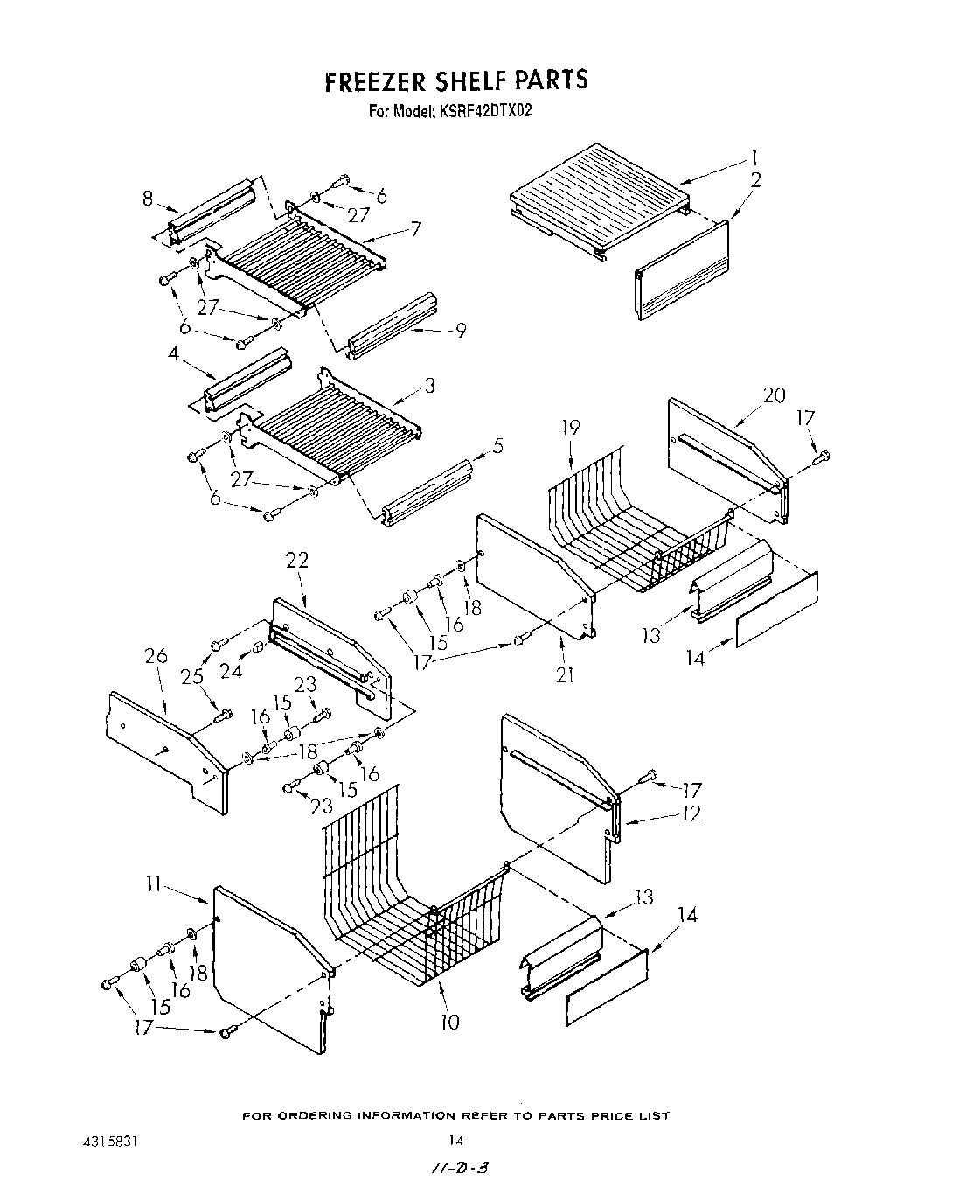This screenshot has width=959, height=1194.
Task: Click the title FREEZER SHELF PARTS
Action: click(x=455, y=80)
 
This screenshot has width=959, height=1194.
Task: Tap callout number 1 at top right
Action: click(x=753, y=158)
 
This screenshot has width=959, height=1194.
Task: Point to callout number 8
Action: click(x=148, y=199)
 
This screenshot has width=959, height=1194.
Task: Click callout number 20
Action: click(x=774, y=395)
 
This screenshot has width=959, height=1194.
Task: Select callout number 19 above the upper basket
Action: click(x=570, y=428)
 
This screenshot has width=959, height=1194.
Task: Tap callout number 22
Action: click(x=297, y=560)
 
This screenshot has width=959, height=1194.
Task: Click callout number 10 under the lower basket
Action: click(x=449, y=1021)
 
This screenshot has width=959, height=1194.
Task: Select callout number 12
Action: click(x=691, y=813)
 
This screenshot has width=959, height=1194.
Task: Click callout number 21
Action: click(x=565, y=674)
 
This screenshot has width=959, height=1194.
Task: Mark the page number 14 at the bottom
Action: click(x=455, y=1139)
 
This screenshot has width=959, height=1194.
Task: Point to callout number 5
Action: click(x=497, y=445)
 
